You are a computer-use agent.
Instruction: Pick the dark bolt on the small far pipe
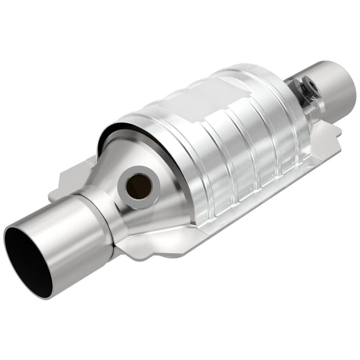click(x=308, y=88)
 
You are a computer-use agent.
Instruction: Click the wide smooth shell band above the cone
click(x=154, y=129)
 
